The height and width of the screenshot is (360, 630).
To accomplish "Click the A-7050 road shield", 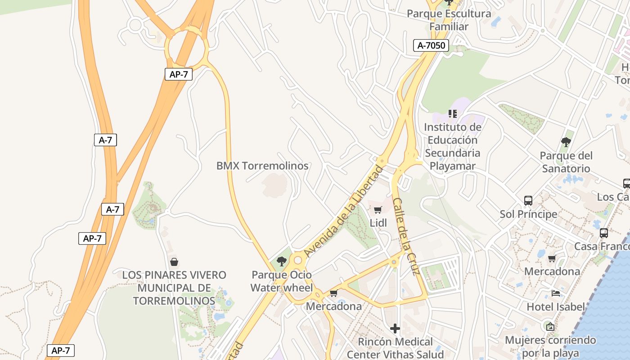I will click(431, 45).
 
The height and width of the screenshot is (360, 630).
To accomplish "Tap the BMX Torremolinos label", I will click(262, 166).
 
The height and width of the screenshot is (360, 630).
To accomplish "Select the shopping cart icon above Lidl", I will click(378, 210).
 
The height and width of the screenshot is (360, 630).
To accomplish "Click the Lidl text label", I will click(378, 223).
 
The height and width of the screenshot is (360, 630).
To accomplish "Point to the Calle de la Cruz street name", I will click(406, 236).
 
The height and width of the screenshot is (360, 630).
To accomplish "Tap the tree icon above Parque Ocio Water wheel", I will click(282, 261).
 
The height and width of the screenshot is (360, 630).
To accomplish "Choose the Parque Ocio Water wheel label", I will click(281, 281).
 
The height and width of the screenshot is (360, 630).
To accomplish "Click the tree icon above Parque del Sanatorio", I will click(566, 142).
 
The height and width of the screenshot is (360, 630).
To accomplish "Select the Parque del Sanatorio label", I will click(566, 162).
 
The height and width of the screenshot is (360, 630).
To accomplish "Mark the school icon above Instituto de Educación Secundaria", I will click(453, 113).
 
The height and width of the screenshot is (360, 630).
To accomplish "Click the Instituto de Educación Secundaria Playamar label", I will click(453, 147).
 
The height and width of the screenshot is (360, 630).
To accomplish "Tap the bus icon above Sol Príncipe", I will click(528, 200).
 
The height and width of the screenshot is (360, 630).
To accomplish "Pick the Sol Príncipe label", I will click(528, 214).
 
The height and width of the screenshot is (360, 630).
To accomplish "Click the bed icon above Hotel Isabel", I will click(556, 293).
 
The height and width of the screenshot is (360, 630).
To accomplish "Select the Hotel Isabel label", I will click(556, 307).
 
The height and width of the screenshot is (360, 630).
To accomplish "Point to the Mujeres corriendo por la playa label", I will click(550, 346).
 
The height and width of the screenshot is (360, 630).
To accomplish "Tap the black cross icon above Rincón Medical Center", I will click(395, 328).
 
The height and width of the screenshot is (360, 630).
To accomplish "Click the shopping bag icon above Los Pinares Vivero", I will click(174, 261).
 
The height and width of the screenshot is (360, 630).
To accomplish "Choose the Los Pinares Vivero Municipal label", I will click(174, 288).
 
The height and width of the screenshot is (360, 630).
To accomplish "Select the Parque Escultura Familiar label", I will click(449, 20).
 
